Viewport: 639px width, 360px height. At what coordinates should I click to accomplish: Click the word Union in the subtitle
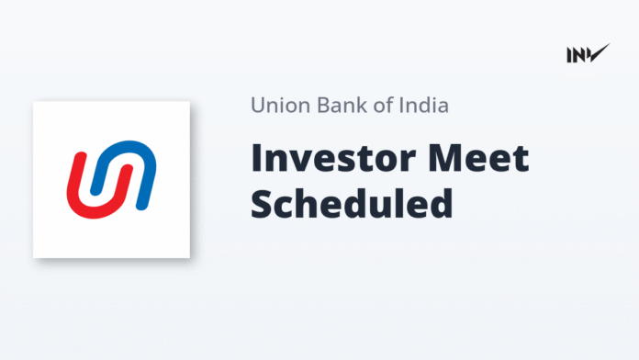[x=277, y=106]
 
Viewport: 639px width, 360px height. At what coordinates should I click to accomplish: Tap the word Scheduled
[x=352, y=204]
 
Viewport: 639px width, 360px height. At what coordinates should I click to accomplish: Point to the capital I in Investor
[x=257, y=160]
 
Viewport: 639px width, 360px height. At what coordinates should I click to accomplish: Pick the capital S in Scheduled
[x=263, y=204]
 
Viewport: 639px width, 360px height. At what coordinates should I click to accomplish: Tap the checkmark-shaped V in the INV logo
[x=599, y=52]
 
